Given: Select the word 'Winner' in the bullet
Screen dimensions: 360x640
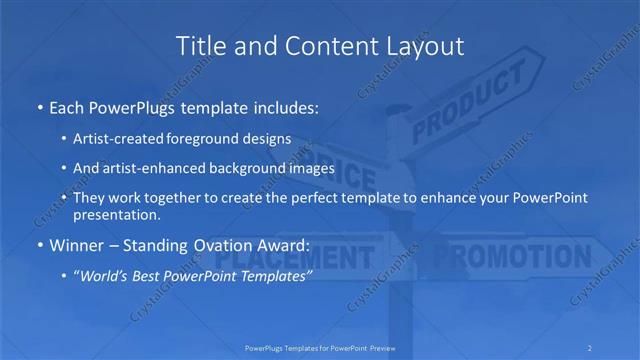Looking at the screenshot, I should [72, 245].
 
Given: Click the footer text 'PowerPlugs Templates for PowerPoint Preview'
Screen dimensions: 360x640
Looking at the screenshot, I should [319, 347].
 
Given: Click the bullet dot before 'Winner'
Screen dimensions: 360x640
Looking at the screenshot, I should [39, 246].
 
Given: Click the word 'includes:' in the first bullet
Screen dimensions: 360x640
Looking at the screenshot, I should [285, 107].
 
